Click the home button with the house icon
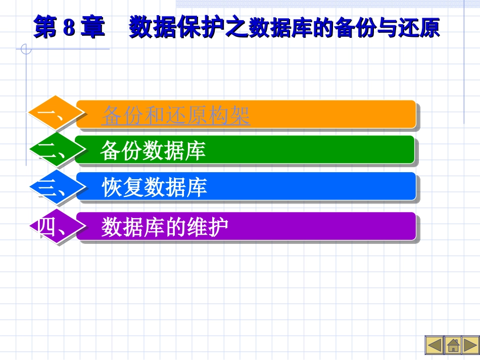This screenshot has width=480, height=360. [x=453, y=345]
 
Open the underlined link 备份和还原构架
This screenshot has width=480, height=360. [x=176, y=116]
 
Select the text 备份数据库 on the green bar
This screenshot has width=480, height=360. [x=153, y=150]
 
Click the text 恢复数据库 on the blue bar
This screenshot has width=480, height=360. [x=155, y=187]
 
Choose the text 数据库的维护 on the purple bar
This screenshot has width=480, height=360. [x=165, y=227]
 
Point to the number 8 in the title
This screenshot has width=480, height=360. [x=69, y=28]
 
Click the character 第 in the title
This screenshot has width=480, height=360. [x=46, y=28]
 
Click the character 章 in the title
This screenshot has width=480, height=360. [x=92, y=28]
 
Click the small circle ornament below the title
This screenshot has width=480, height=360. [x=26, y=49]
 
